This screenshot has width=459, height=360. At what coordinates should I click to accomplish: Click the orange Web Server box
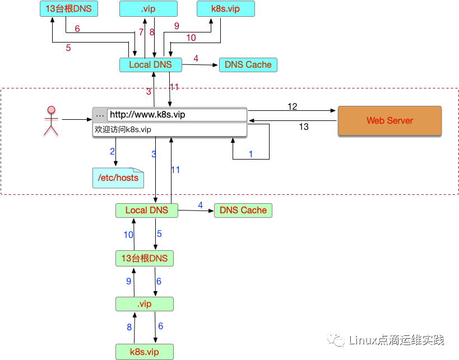pyautogui.click(x=390, y=120)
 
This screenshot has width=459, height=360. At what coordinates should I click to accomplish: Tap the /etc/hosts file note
pyautogui.click(x=118, y=178)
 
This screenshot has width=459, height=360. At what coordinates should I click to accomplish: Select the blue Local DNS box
pyautogui.click(x=150, y=64)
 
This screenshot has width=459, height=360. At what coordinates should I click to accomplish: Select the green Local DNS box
pyautogui.click(x=147, y=211)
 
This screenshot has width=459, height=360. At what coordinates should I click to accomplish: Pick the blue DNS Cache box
pyautogui.click(x=248, y=64)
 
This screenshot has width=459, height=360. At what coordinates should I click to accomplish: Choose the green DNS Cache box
pyautogui.click(x=243, y=211)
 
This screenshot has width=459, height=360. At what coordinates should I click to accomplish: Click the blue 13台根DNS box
pyautogui.click(x=69, y=9)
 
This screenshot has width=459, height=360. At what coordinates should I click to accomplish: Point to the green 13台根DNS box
pyautogui.click(x=145, y=258)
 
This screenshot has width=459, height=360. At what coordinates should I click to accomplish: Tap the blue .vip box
pyautogui.click(x=149, y=9)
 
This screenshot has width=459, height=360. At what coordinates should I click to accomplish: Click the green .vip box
pyautogui.click(x=145, y=304)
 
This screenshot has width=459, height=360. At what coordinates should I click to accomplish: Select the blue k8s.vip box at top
pyautogui.click(x=226, y=9)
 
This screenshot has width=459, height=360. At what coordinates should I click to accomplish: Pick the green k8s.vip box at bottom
pyautogui.click(x=145, y=352)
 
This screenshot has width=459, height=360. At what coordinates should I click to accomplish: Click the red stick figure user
pyautogui.click(x=51, y=121)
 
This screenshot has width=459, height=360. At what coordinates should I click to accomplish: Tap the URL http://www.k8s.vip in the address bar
pyautogui.click(x=147, y=115)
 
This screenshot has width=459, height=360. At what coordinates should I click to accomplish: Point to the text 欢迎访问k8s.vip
pyautogui.click(x=123, y=129)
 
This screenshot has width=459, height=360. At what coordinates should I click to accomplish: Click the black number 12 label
pyautogui.click(x=292, y=106)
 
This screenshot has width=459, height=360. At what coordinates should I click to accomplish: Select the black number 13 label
pyautogui.click(x=304, y=127)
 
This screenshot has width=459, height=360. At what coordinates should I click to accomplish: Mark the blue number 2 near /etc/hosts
pyautogui.click(x=112, y=151)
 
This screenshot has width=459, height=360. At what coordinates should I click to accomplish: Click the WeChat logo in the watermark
pyautogui.click(x=336, y=340)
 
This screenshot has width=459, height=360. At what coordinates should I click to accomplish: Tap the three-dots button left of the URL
pyautogui.click(x=100, y=115)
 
